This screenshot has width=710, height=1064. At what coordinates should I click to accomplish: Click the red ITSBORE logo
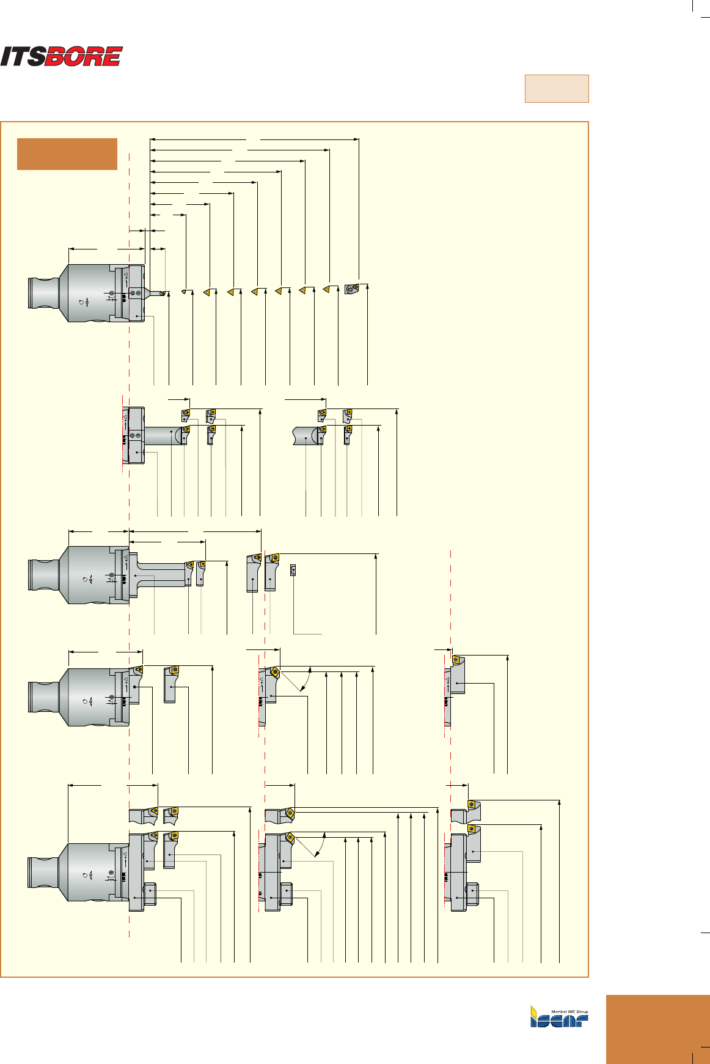(x=61, y=56)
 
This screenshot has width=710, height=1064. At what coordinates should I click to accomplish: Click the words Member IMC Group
(x=569, y=1011)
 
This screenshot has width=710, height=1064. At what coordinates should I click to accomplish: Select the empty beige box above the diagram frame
(x=556, y=89)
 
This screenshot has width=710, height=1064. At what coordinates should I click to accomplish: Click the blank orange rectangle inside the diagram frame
(x=67, y=154)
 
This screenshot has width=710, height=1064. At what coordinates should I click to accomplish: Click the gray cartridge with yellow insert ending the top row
(x=351, y=289)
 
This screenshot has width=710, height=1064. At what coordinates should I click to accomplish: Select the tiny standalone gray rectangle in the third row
(x=293, y=570)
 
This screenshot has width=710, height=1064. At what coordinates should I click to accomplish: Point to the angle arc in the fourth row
(x=307, y=679)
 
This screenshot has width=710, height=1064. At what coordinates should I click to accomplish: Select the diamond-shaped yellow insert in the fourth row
(x=275, y=671)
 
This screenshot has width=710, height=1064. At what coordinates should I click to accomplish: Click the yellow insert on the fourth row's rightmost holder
(x=455, y=659)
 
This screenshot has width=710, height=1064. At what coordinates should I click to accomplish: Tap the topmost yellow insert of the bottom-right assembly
(x=471, y=804)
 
